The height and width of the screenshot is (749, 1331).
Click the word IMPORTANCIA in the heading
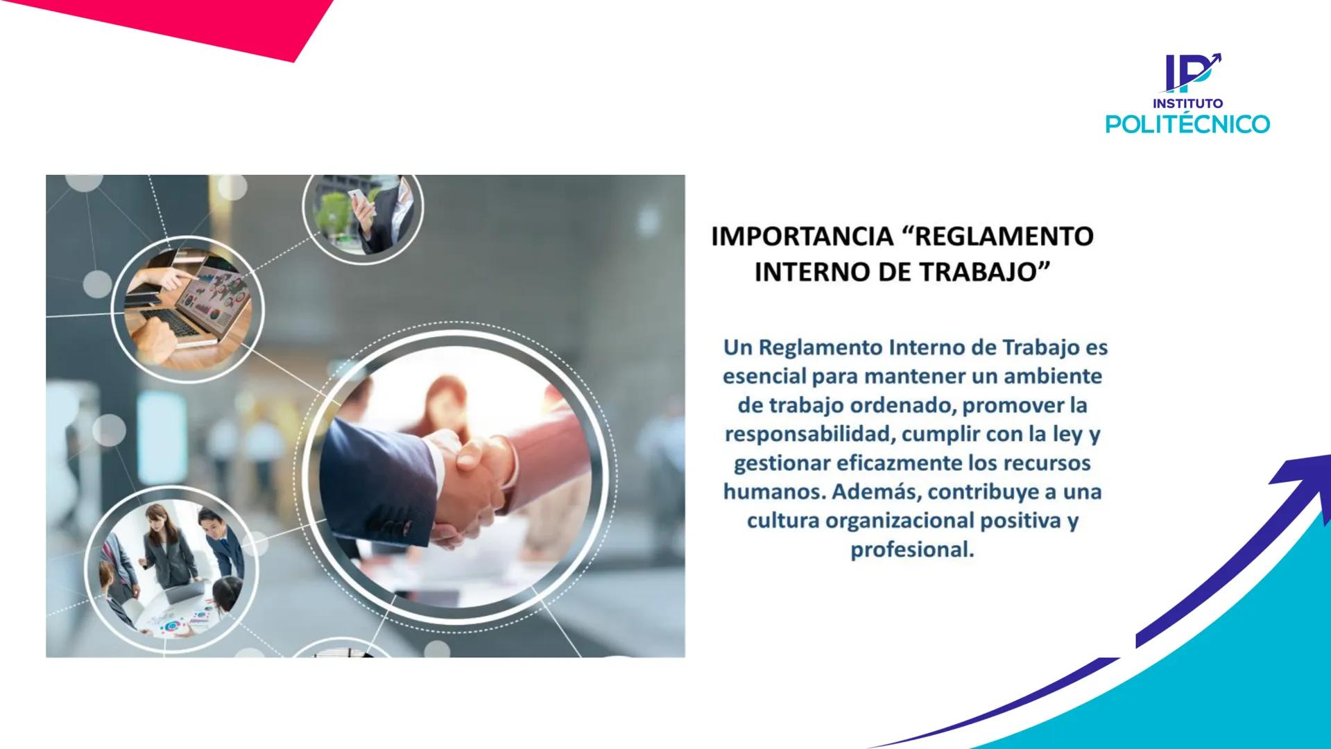(802, 236)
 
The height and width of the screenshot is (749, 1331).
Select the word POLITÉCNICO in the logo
(1187, 124)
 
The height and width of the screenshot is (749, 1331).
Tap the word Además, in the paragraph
(875, 492)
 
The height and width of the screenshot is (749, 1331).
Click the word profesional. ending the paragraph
(912, 550)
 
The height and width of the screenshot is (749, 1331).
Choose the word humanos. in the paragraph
(774, 492)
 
